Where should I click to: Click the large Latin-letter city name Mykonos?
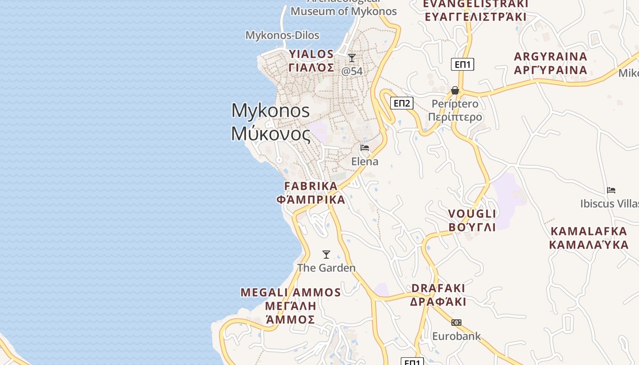[271, 111]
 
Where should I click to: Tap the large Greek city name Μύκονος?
[271, 134]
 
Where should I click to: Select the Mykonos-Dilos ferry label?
[282, 35]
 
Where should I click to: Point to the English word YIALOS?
[311, 54]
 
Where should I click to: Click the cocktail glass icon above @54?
[352, 58]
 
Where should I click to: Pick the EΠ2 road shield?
[402, 103]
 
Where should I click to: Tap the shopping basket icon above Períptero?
[455, 90]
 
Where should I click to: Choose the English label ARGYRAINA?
[550, 57]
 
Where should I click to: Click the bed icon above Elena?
[365, 148]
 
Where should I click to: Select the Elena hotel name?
[365, 162]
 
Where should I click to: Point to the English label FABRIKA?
[311, 186]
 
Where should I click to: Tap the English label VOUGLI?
[472, 214]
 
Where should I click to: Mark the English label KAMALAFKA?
[589, 231]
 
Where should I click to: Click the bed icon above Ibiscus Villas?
[611, 190]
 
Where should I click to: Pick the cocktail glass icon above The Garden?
[326, 255]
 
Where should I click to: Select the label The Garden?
[326, 268]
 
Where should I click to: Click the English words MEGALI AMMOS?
[291, 292]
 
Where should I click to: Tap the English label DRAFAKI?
[438, 288]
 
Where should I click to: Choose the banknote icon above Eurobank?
[456, 323]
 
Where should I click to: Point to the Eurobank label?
[456, 336]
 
